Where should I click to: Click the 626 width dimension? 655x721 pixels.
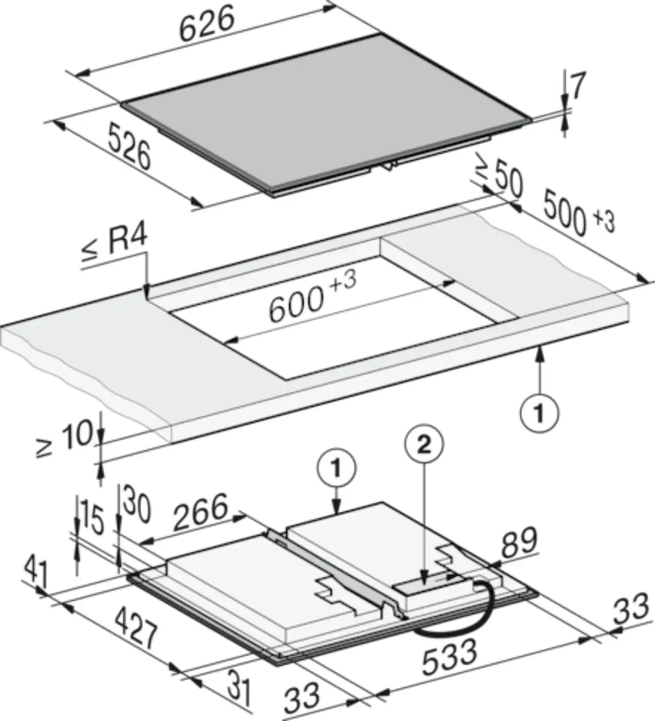click(x=208, y=23)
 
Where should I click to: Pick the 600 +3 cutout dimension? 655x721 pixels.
click(x=312, y=299)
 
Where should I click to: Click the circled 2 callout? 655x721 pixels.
click(x=424, y=446)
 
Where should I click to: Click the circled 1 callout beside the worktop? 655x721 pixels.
click(x=539, y=414)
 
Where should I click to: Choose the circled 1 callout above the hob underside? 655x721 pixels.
click(x=336, y=468)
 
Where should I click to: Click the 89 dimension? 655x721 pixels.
click(x=520, y=542)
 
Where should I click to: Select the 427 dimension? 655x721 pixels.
click(x=137, y=629)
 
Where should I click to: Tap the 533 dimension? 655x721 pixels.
click(x=450, y=657)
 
